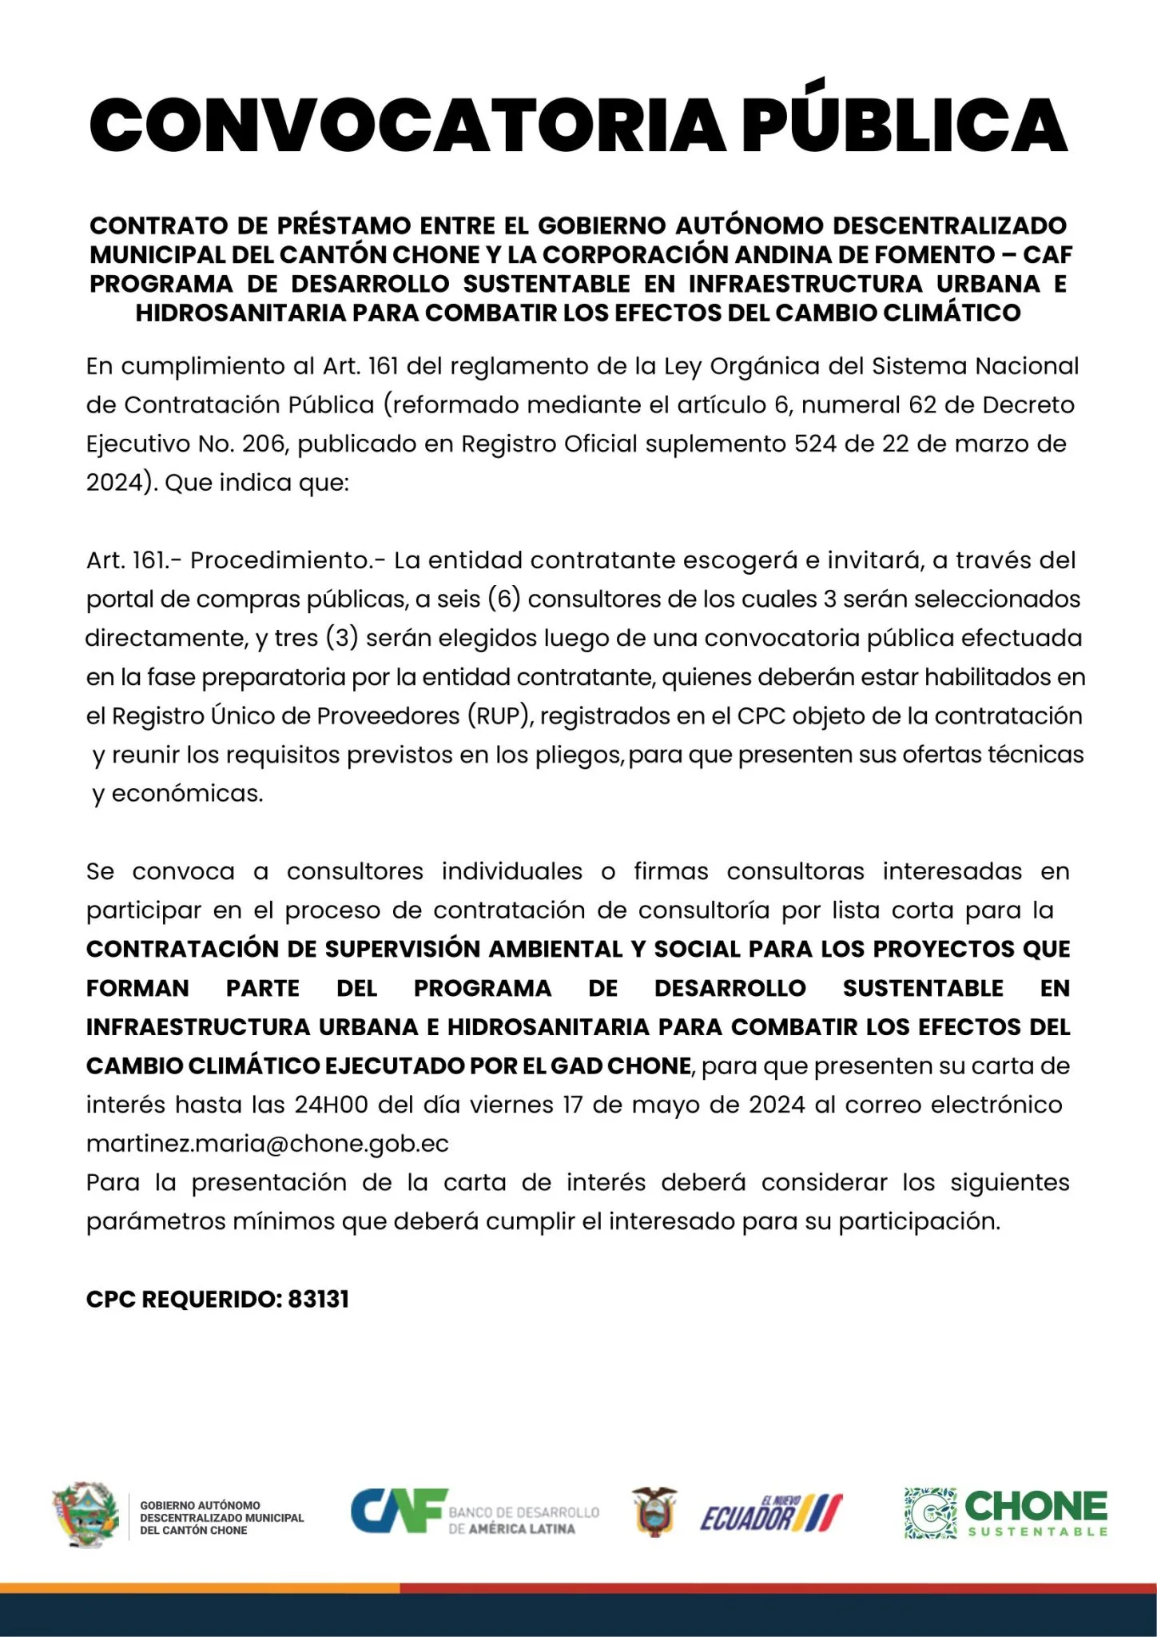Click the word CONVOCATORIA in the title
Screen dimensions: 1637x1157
408,125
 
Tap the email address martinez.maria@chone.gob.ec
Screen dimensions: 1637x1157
268,1144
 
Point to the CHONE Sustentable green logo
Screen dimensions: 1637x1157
1006,1513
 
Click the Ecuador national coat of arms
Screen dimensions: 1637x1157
654,1510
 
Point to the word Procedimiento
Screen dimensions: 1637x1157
288,560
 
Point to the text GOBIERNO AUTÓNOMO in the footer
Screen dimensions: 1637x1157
200,1505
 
